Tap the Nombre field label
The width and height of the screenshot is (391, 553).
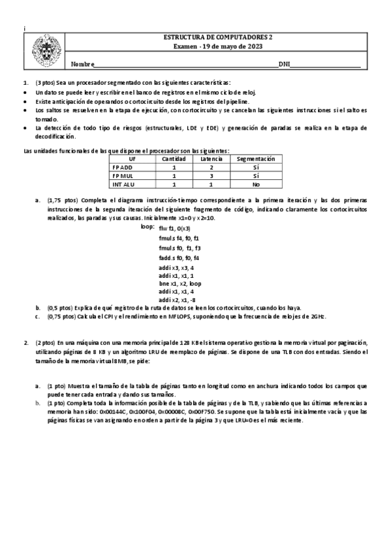click(82, 64)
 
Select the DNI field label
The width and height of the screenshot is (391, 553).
click(284, 64)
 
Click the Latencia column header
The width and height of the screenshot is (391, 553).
click(211, 158)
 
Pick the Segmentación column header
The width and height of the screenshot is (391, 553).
click(256, 158)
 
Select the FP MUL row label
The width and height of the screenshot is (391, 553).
click(123, 175)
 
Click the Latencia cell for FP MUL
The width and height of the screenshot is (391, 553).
click(211, 175)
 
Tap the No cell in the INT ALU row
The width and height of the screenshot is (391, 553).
click(256, 184)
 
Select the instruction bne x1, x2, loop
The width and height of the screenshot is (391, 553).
click(180, 284)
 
